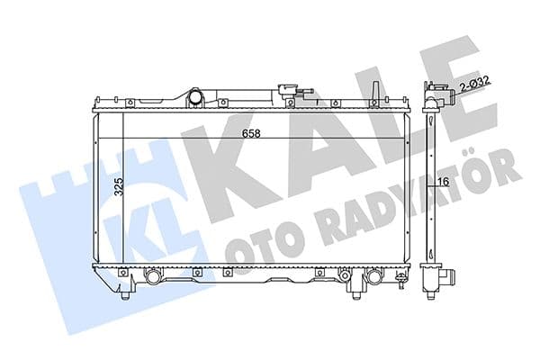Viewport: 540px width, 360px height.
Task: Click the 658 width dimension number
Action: pos(252,133)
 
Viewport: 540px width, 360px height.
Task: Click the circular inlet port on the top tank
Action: pos(195,95)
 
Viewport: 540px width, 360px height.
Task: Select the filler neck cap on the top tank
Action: pos(287,90)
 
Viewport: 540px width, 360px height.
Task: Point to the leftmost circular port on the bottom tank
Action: pos(154,277)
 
